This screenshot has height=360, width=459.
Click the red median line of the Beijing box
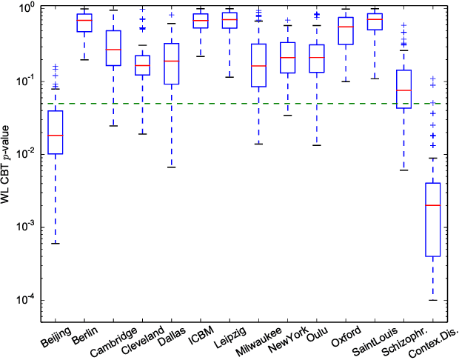point(54,136)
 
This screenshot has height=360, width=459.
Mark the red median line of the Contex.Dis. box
point(433,205)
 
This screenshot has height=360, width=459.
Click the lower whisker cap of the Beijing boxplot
point(54,244)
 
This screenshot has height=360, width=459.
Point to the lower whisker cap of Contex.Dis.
point(433,300)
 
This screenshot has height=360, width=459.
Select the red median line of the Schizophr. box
point(403,90)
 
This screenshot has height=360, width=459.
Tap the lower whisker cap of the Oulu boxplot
point(317,145)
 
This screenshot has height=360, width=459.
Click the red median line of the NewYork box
point(288,58)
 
